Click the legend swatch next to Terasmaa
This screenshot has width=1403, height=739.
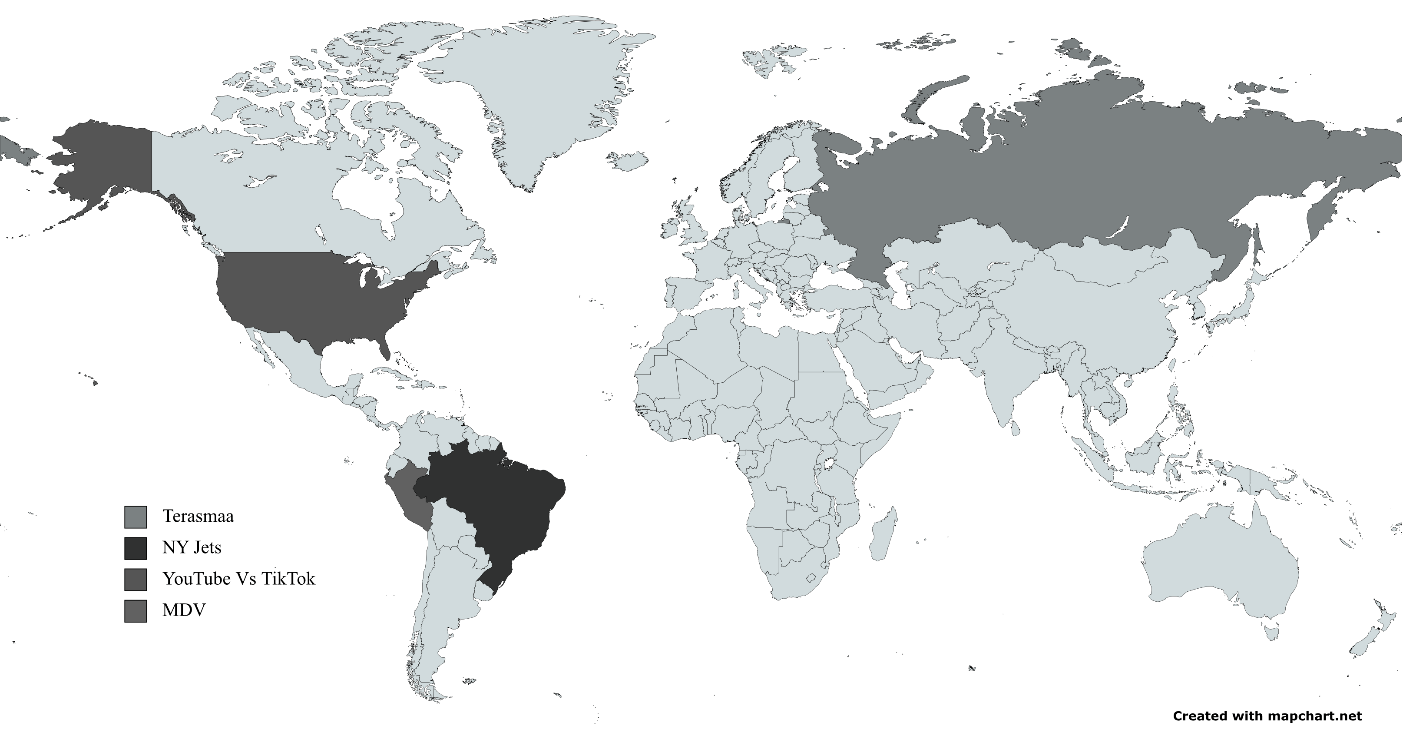click(x=135, y=517)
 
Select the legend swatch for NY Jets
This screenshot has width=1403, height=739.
click(x=135, y=548)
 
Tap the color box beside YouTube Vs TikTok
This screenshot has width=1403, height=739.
click(x=135, y=580)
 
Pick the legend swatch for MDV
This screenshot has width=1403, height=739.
click(x=135, y=610)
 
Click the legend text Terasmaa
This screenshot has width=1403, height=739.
click(x=198, y=516)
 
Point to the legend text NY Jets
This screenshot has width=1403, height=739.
click(x=192, y=547)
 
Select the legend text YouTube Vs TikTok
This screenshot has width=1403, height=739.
click(x=238, y=578)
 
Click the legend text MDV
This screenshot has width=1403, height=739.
click(x=184, y=610)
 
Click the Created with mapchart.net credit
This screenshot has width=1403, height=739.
click(x=1267, y=716)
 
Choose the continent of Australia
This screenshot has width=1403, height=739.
click(x=1220, y=572)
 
